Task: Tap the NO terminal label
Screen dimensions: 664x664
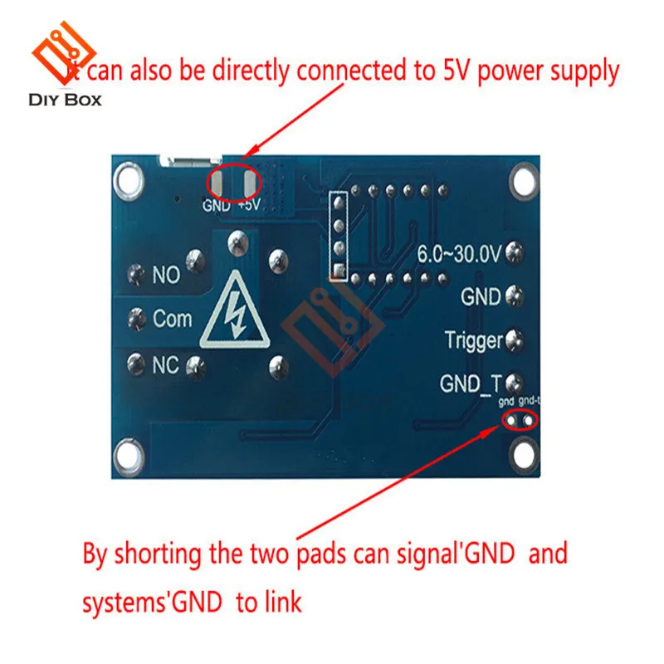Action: tap(166, 275)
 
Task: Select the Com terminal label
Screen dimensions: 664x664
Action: tap(172, 318)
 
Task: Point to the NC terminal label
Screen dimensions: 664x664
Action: tap(165, 363)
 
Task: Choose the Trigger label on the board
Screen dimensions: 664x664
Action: tap(473, 339)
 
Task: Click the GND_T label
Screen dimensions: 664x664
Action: tap(471, 383)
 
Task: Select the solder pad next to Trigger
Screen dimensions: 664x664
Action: tap(514, 339)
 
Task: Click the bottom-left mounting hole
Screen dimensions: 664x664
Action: tap(127, 452)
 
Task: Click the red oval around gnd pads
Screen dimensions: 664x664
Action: tap(519, 419)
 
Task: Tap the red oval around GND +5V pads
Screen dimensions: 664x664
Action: tap(232, 179)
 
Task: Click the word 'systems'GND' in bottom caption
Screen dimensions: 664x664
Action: tap(152, 602)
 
